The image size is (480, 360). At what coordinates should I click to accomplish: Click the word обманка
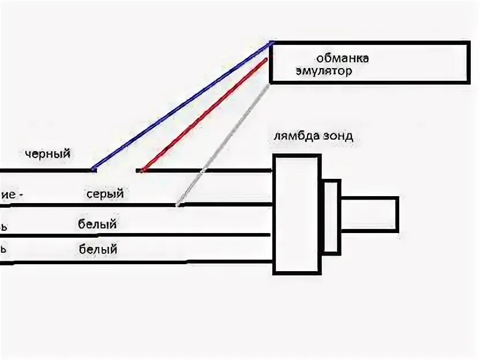(x=342, y=58)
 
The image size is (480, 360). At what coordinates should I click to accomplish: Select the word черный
(x=48, y=153)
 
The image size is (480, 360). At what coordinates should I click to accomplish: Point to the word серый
(x=105, y=194)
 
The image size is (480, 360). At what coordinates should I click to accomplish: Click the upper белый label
(x=97, y=224)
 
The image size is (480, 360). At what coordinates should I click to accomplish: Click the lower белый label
(x=98, y=250)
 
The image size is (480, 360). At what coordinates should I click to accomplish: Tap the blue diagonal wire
(x=182, y=106)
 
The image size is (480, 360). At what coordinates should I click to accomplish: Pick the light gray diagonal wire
(x=222, y=144)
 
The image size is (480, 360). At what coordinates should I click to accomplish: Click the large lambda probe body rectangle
(x=297, y=214)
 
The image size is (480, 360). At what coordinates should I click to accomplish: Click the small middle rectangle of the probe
(x=331, y=217)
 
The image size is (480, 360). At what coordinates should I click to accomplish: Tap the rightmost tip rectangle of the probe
(x=369, y=215)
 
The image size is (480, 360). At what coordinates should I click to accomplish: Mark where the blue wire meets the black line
(x=93, y=170)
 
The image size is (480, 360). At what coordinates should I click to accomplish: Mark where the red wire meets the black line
(x=141, y=170)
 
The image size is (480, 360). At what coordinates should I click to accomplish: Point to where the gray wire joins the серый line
(x=178, y=204)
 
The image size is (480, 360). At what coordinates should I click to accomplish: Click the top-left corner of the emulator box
(x=271, y=43)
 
